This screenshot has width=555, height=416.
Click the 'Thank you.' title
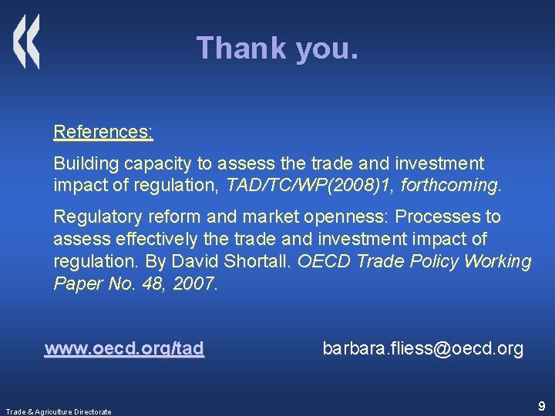[277, 48]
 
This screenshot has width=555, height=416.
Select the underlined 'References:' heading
[103, 132]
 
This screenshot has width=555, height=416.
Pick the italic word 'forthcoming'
[454, 186]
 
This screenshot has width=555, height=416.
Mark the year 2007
[195, 284]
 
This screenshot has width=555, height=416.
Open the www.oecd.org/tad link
[124, 349]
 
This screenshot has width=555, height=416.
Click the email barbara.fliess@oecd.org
[422, 349]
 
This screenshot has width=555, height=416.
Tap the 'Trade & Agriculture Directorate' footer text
[58, 411]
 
